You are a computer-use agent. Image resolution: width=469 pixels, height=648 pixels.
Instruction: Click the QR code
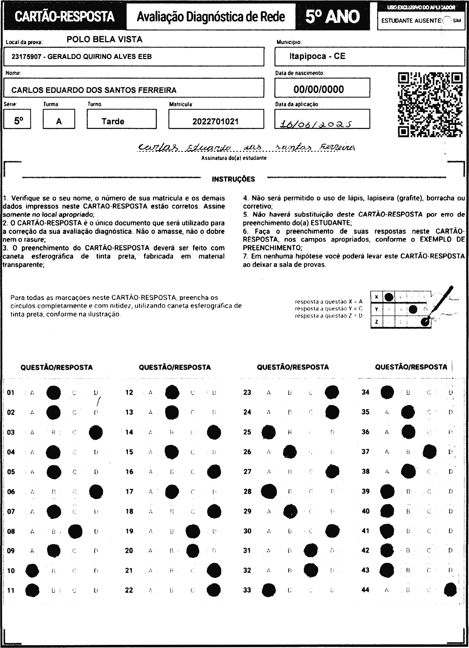(430, 105)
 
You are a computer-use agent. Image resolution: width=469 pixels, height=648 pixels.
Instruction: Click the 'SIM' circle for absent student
(448, 21)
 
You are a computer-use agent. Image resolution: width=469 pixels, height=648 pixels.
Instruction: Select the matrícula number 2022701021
(215, 121)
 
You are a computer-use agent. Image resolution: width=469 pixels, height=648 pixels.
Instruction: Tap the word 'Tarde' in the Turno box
(113, 121)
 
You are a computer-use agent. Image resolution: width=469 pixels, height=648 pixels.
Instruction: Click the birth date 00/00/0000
(319, 89)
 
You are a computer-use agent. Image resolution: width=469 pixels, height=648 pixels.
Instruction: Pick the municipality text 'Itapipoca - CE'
(317, 56)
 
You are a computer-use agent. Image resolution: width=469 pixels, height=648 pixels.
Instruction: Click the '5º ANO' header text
(332, 17)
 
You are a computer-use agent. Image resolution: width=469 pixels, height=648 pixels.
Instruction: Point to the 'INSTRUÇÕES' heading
(233, 179)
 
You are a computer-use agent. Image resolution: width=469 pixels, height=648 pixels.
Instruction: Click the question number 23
(247, 392)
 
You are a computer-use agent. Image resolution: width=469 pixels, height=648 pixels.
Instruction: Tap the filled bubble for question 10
(32, 571)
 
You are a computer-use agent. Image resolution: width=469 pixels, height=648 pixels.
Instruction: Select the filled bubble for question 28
(269, 491)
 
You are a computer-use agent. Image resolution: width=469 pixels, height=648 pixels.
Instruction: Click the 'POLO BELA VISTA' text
(104, 39)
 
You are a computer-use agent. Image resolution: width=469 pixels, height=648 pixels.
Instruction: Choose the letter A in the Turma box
(59, 121)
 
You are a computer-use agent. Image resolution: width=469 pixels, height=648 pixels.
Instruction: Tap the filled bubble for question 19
(193, 531)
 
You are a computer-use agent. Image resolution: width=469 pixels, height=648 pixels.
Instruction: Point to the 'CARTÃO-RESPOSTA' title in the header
(64, 17)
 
